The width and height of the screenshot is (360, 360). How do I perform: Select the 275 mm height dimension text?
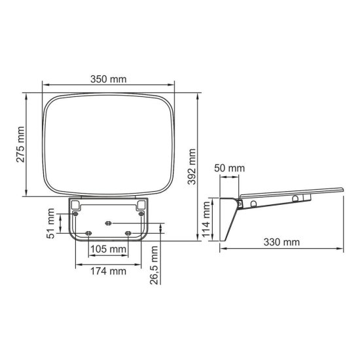[20, 145]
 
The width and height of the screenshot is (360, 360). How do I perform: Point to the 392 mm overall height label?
[192, 167]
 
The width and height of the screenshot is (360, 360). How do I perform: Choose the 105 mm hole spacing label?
[108, 249]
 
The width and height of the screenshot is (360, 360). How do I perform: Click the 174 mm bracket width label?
[109, 271]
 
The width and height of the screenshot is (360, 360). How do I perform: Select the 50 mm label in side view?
[229, 168]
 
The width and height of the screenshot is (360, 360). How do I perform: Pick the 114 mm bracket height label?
[207, 220]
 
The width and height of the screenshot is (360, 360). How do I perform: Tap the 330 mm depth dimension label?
[283, 242]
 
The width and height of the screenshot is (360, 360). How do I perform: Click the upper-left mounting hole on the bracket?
[77, 215]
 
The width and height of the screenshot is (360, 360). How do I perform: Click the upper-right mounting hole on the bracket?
[139, 215]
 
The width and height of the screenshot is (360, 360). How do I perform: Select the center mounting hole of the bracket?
[108, 223]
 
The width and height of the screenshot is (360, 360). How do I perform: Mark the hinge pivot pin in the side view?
[253, 204]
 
